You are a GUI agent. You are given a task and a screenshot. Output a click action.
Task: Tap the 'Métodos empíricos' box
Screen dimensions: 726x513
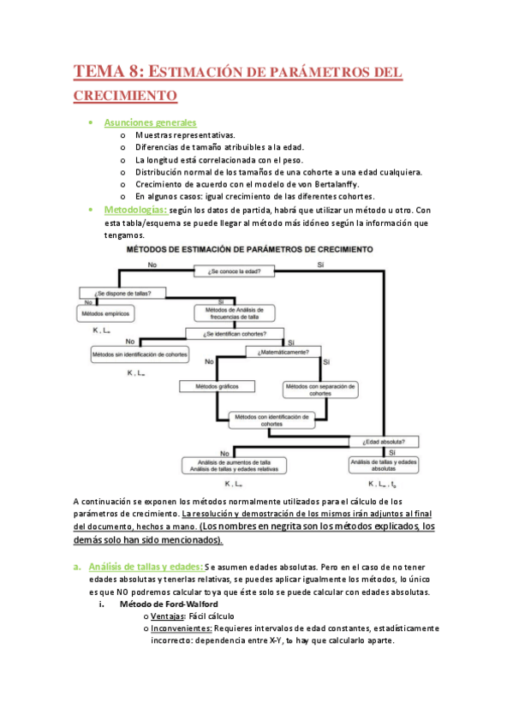(106, 314)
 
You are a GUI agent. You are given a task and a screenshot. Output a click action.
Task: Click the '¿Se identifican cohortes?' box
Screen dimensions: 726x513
(235, 334)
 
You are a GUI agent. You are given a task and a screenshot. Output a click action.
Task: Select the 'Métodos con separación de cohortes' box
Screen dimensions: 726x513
(319, 390)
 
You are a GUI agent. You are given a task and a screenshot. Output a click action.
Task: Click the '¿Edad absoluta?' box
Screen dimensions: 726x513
(390, 443)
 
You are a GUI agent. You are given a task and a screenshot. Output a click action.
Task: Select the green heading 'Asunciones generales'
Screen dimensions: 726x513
(150, 123)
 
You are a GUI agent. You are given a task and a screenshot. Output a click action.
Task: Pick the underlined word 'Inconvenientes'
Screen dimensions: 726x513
(182, 628)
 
